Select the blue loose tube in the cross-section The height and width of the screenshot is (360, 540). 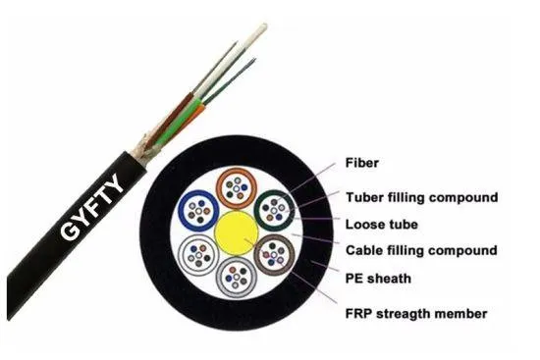tap(199, 208)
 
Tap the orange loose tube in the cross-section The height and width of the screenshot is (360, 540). tap(236, 185)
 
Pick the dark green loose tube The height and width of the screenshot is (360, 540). tap(274, 209)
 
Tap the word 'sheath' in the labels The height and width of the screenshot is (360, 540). tap(395, 278)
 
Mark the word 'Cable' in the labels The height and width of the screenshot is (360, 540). tap(366, 250)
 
